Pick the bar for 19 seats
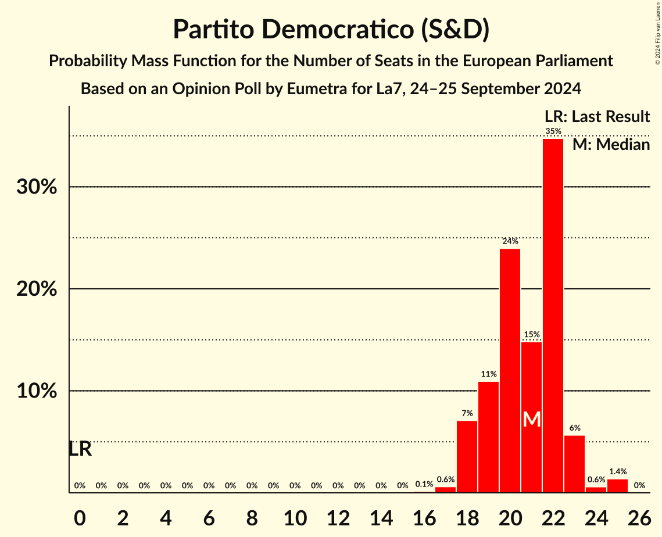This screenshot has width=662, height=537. (488, 437)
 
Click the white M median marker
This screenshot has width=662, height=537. (531, 419)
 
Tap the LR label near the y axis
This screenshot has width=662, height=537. (80, 449)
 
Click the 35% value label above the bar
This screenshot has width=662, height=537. (553, 131)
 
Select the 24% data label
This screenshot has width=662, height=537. (510, 241)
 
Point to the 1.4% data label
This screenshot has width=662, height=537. (617, 472)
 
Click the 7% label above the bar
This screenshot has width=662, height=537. (467, 413)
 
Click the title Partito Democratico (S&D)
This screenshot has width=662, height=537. (331, 30)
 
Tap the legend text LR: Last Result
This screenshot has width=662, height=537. (597, 117)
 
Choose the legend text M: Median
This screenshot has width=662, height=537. (611, 145)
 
